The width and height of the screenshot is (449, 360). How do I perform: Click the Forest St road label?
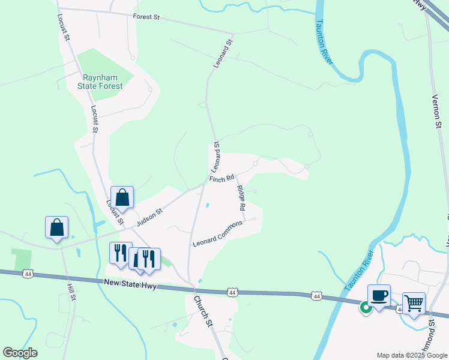[x=146, y=17]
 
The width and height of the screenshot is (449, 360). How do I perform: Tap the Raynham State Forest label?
[x=103, y=82]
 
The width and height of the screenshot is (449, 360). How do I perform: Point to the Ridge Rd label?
[x=241, y=198]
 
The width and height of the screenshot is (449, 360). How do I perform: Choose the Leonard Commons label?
[x=217, y=233]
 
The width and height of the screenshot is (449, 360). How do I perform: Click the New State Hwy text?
[x=130, y=284]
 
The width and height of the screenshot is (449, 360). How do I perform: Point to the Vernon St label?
[x=437, y=112]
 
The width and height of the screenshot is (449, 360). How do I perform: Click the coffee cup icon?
[x=379, y=295]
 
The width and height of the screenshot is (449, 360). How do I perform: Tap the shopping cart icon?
[x=414, y=303]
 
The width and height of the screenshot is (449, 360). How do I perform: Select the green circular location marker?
[x=365, y=308]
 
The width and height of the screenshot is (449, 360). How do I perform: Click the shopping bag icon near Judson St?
[x=122, y=197]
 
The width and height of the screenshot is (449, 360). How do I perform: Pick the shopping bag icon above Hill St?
[x=57, y=227]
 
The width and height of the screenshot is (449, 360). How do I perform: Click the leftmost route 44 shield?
[x=27, y=274]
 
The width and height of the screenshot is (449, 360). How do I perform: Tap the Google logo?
[x=20, y=353]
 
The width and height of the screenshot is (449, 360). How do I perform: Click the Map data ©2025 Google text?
[x=412, y=355]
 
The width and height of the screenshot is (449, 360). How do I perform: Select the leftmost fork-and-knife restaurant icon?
[x=120, y=253]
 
